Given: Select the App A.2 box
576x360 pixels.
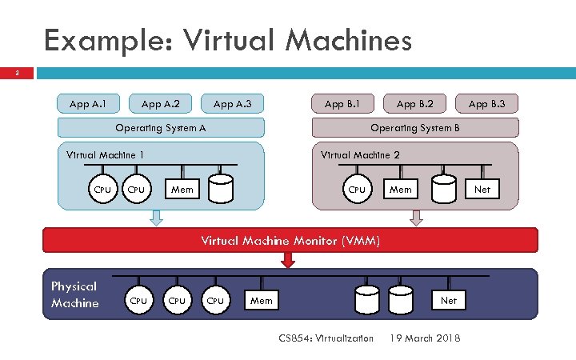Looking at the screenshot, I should coord(160,103).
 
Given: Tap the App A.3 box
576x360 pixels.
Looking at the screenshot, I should coord(232,103).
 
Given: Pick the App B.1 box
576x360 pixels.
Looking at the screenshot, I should coord(342,103).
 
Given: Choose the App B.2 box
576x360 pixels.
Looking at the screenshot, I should coord(414,103).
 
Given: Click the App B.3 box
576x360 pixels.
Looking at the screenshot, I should coord(487,103).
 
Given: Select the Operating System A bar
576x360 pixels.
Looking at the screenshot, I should coord(160,128).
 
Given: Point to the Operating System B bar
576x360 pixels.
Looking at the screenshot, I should coord(414,128).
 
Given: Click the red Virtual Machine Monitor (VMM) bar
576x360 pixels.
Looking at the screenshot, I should coord(290,240).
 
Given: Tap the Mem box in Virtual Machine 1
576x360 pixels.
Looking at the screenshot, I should coord(182,190).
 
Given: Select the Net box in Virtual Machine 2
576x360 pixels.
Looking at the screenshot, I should coord(482,190).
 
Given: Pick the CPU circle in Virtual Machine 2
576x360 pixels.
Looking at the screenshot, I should coord(356,190).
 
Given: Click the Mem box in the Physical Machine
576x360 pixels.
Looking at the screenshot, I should coord(262,301).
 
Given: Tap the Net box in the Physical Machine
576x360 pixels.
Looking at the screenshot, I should coord(449,301).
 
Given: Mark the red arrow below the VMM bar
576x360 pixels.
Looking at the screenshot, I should coord(289,259).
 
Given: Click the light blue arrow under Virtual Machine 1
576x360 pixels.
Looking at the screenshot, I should coord(157,217).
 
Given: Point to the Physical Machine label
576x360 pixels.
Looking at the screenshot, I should coord(74,294).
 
